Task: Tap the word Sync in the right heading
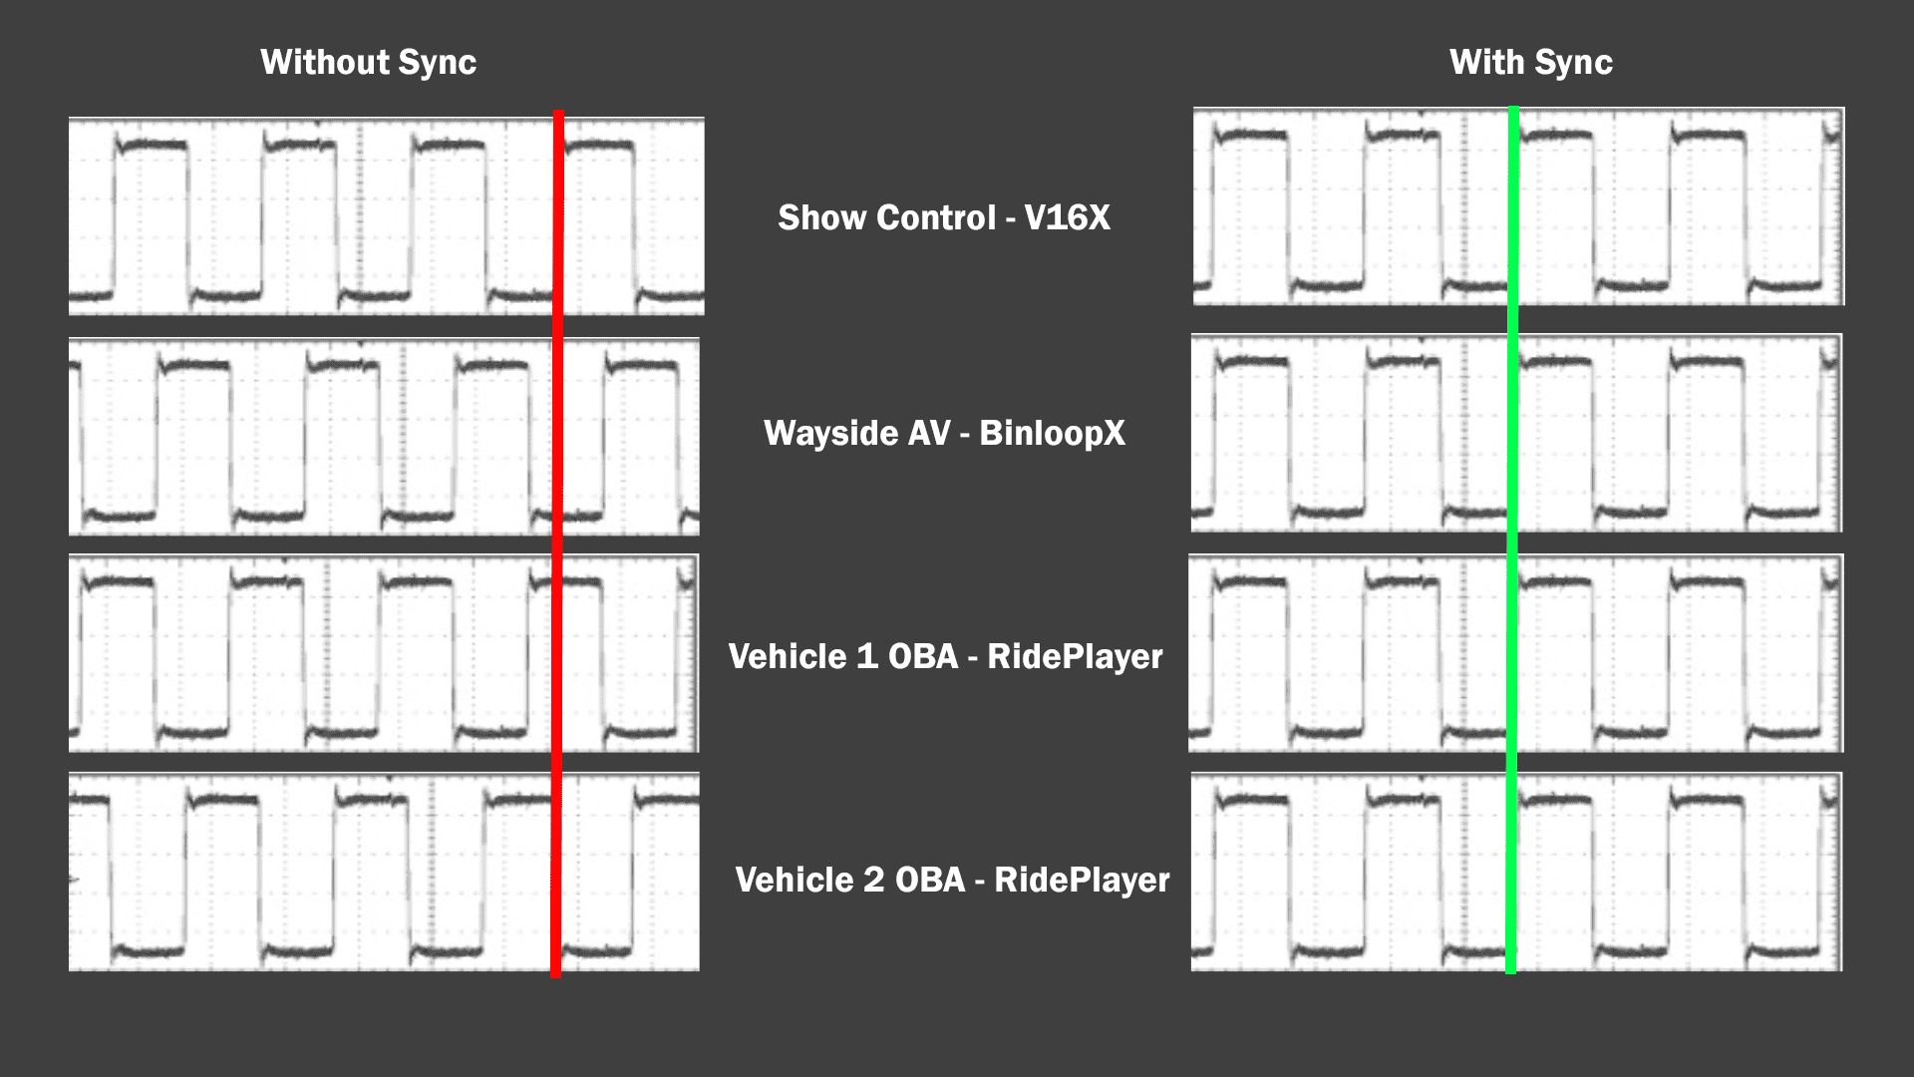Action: [1574, 63]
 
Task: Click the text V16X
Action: [1067, 217]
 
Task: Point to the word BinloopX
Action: [1052, 433]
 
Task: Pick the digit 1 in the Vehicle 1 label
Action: [867, 656]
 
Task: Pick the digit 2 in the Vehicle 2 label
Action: [873, 880]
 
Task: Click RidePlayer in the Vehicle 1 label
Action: [1075, 656]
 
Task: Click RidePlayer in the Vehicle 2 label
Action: [1082, 880]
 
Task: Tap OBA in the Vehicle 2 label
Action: [930, 880]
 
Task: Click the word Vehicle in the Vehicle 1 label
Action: [788, 656]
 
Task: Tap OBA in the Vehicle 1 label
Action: [923, 656]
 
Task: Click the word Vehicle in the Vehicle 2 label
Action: [795, 880]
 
